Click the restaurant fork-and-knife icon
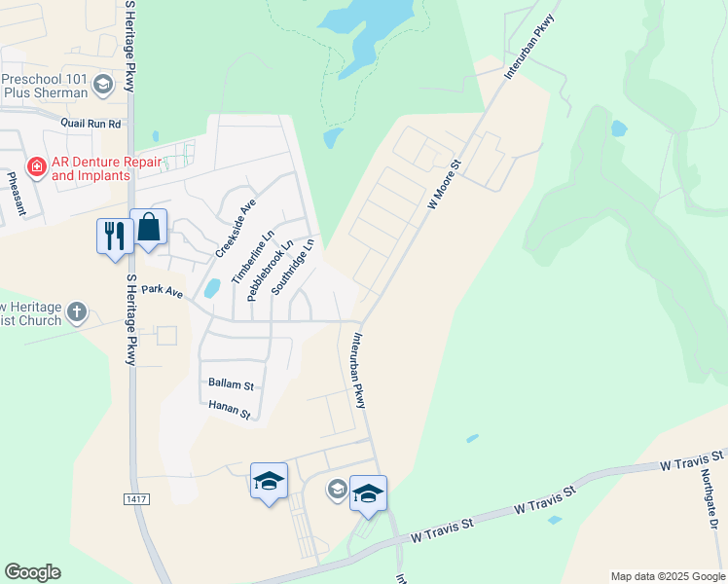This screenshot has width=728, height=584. pyautogui.click(x=115, y=234)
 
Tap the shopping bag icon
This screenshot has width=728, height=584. pyautogui.click(x=149, y=228)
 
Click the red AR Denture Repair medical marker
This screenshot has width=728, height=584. pyautogui.click(x=37, y=167)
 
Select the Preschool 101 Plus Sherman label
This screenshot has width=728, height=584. pyautogui.click(x=47, y=86)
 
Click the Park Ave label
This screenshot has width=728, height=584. pyautogui.click(x=162, y=290)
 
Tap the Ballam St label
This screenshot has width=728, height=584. pyautogui.click(x=231, y=384)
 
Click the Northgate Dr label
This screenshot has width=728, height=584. pyautogui.click(x=709, y=502)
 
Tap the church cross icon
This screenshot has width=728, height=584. pyautogui.click(x=77, y=313)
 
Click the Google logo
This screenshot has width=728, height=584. pyautogui.click(x=32, y=572)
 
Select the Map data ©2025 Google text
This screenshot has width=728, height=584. pyautogui.click(x=667, y=576)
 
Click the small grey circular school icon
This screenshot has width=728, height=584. pyautogui.click(x=337, y=489)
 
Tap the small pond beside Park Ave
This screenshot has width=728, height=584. pyautogui.click(x=211, y=287)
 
